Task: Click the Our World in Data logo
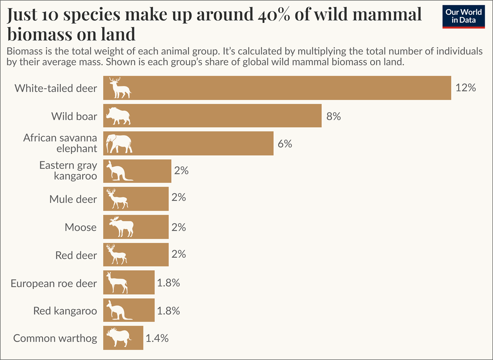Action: point(463,17)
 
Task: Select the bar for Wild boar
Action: point(225,116)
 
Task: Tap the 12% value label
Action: point(466,88)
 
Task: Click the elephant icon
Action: point(119,144)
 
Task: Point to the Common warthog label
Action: point(55,338)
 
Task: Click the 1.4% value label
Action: point(157,338)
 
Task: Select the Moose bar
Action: point(150,227)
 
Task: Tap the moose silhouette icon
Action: point(121,227)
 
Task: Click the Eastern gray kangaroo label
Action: point(68,171)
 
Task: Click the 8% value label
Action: point(333,116)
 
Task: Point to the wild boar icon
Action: point(118,116)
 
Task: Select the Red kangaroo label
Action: point(65,311)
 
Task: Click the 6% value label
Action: point(285,144)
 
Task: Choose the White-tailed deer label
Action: point(56,88)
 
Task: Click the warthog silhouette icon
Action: point(118,338)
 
